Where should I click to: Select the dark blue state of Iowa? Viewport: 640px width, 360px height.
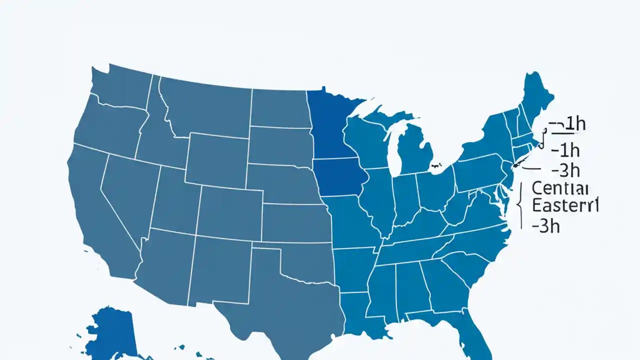[x=340, y=177]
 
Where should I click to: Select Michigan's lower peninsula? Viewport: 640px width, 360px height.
[x=417, y=155]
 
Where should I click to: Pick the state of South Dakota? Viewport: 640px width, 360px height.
[x=280, y=145]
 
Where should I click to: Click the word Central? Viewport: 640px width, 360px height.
[x=560, y=188]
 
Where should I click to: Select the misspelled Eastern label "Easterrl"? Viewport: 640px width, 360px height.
[x=565, y=205]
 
